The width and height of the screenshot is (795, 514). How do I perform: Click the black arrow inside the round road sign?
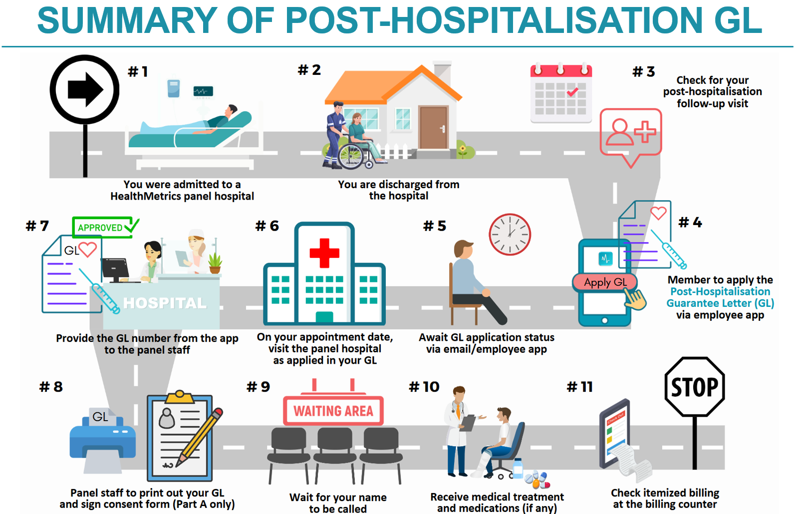point(85,89)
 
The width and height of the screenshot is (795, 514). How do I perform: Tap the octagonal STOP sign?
point(695,387)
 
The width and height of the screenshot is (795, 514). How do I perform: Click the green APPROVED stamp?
point(105,227)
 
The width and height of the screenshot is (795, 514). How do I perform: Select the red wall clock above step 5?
point(510,234)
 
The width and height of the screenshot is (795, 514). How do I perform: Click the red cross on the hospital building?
point(324,253)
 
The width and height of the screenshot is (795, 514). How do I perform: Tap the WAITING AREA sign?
point(333,410)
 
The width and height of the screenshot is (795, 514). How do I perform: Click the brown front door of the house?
point(433,127)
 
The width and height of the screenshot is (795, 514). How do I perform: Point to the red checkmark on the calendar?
point(572,92)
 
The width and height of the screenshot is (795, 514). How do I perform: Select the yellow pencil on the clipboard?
point(200,436)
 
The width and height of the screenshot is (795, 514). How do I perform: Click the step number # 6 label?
point(267,226)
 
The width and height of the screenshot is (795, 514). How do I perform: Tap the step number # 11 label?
point(580,387)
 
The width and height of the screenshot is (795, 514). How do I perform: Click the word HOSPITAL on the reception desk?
point(165,303)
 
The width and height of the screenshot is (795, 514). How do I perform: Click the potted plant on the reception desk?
point(215,263)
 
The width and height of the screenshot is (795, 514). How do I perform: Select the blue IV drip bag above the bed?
point(174,88)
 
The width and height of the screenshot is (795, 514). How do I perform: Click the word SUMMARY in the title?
point(127,20)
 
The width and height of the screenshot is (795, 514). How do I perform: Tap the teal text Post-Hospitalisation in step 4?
point(720,291)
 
